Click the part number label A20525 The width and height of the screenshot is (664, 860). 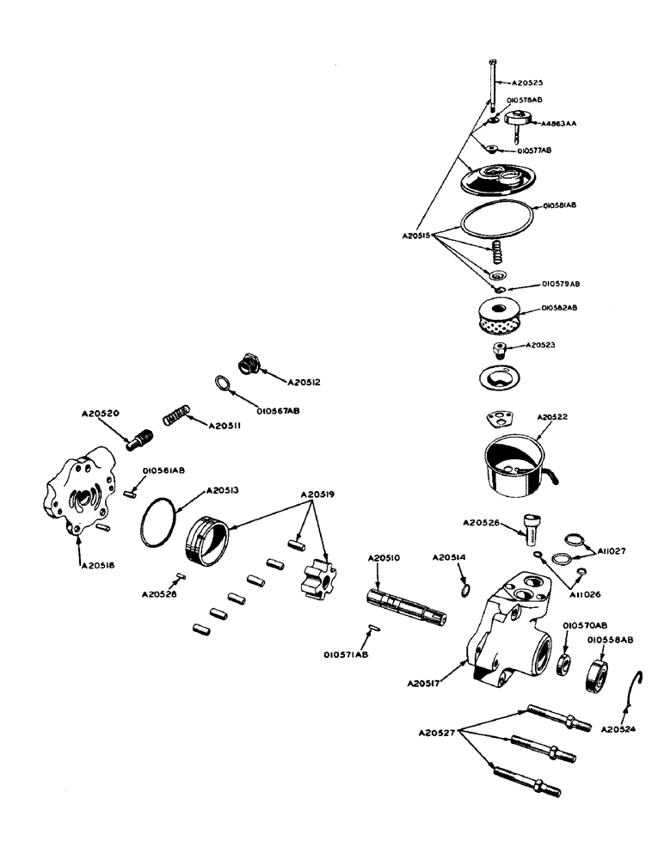point(528,83)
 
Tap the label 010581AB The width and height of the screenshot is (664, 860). point(559,206)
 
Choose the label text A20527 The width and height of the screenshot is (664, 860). point(438,733)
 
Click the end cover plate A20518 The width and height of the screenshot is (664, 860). point(81,490)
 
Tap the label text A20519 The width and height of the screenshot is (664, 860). point(318,495)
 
